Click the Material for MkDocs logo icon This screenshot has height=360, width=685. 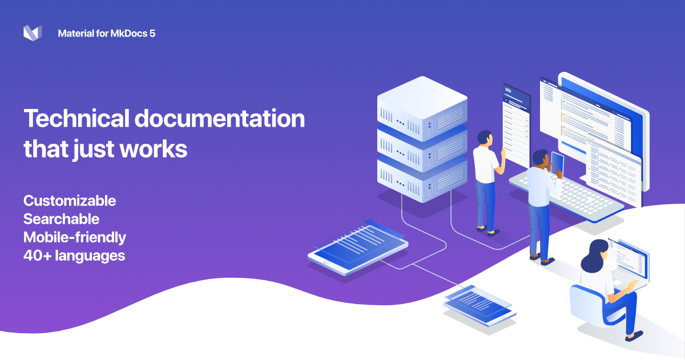(x=33, y=33)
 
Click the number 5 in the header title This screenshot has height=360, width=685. (x=152, y=34)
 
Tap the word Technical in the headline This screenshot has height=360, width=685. (x=76, y=119)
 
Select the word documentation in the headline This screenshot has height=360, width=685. (x=220, y=119)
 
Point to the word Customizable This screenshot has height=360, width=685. (x=70, y=201)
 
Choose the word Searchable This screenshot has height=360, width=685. (x=62, y=219)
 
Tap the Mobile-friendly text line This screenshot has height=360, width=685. (x=75, y=238)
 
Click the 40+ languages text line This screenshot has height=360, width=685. (x=74, y=256)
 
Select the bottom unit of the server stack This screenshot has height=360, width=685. (x=422, y=180)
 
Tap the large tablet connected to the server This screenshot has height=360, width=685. (x=358, y=248)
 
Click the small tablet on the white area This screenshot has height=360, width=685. (x=479, y=306)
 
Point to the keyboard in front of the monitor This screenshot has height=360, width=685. (x=566, y=196)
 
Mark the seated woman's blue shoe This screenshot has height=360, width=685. (x=634, y=336)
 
